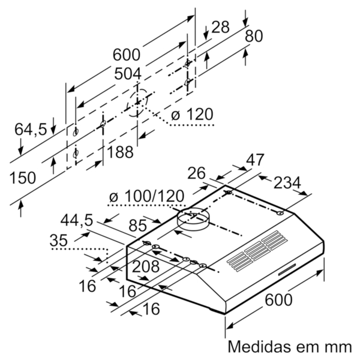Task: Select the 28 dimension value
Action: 221,27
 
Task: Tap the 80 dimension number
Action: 253,36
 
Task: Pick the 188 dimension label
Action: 120,152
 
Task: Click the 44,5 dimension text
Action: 77,220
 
